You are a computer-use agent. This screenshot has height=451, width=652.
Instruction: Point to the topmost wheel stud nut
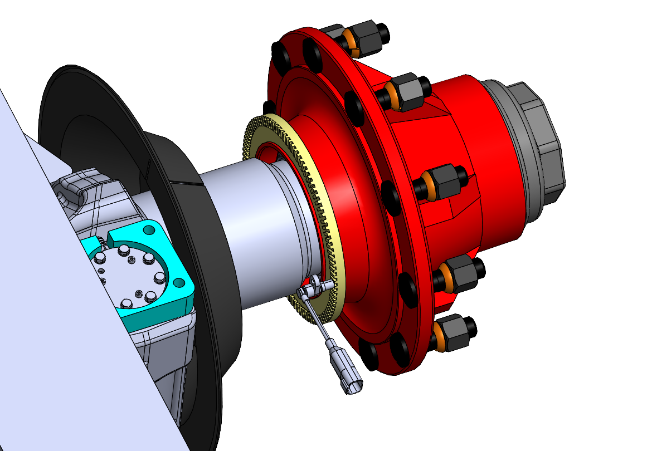tap(368, 36)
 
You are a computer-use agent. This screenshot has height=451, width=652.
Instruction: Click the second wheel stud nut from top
tap(407, 92)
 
